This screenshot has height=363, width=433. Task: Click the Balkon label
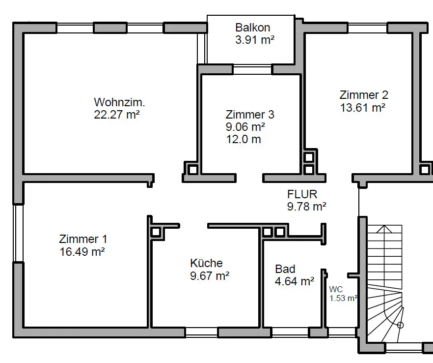253,28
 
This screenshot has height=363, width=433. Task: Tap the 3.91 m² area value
255,40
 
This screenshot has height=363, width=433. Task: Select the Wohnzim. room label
119,102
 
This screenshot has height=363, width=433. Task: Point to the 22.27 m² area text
116,115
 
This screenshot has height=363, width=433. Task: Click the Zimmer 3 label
250,115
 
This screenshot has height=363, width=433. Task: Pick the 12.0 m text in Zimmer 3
244,139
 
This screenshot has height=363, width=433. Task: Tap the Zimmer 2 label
364,95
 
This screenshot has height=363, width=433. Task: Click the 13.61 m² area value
363,108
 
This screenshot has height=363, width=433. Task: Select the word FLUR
302,194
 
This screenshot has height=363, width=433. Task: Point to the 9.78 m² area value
307,207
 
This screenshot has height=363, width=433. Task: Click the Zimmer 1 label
83,239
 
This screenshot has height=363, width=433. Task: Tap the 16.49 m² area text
82,252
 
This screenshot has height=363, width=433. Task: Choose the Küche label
206,263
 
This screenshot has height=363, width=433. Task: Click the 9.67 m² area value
210,275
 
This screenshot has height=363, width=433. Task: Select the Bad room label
285,269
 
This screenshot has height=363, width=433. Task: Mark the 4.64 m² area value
295,281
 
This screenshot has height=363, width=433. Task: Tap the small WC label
336,289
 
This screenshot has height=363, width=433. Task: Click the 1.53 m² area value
343,298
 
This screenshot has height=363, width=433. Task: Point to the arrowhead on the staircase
384,229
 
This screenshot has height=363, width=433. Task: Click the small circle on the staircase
400,325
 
